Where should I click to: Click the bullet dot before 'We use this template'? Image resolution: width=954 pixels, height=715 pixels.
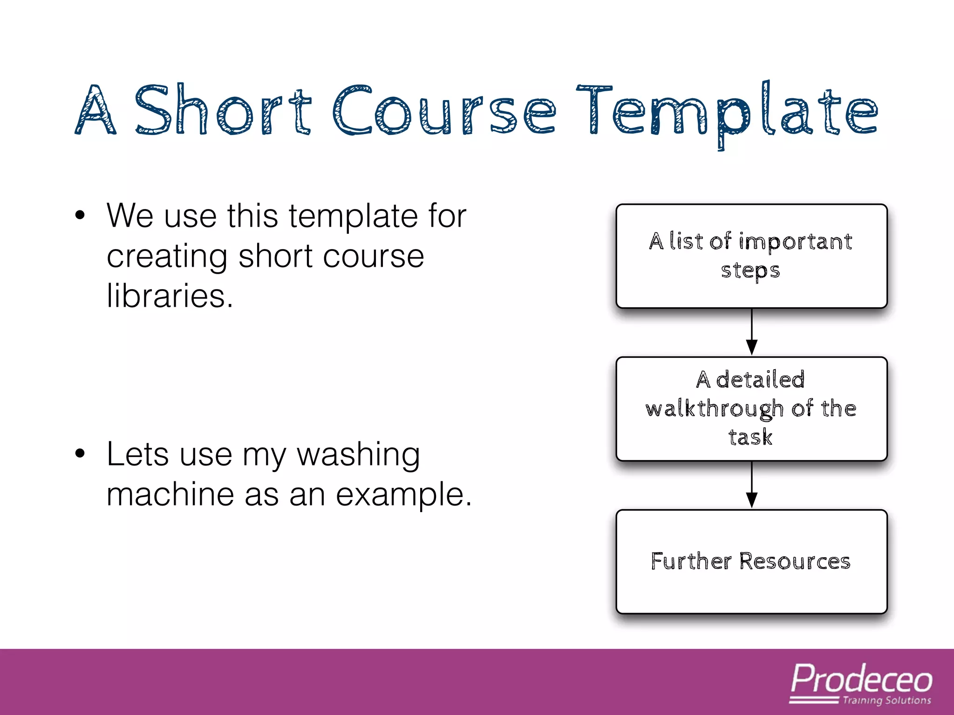pos(80,216)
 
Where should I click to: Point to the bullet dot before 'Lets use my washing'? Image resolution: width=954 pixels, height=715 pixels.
pos(80,454)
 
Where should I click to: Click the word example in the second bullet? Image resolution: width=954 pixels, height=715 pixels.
pos(403,495)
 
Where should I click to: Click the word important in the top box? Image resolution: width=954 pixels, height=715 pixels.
pos(796,242)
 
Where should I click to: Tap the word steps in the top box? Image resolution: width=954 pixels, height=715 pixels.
pos(750,270)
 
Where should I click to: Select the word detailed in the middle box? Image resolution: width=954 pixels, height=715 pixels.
pos(760,379)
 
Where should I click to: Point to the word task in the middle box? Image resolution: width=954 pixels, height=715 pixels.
pos(750,437)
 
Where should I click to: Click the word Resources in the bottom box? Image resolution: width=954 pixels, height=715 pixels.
pos(795,561)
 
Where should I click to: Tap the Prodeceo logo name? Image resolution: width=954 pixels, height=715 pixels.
pos(861,679)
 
